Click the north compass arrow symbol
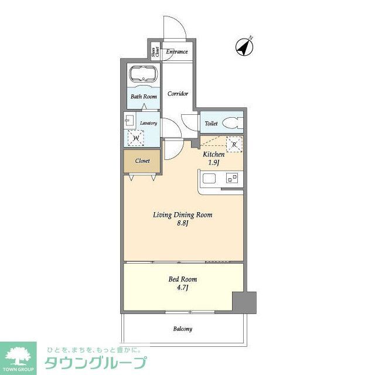[244, 47]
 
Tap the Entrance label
[177, 52]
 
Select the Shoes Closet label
[155, 52]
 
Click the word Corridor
[178, 93]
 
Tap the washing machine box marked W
[136, 138]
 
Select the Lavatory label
[148, 123]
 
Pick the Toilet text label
[210, 124]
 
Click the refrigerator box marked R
[234, 144]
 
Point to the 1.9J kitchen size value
[213, 162]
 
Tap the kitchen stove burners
[233, 178]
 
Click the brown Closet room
[141, 161]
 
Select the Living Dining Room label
[182, 215]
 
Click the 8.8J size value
[182, 224]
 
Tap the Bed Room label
[180, 279]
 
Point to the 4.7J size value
[180, 288]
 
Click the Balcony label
[182, 329]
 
